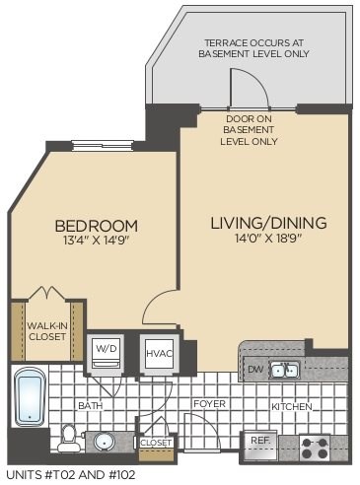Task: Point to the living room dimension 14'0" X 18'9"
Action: click(x=267, y=240)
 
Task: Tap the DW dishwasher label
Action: click(x=254, y=370)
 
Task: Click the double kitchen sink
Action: click(x=286, y=370)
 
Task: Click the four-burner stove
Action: click(x=315, y=447)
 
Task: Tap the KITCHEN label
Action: click(x=292, y=406)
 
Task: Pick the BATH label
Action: click(x=92, y=405)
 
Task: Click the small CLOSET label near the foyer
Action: click(x=156, y=443)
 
